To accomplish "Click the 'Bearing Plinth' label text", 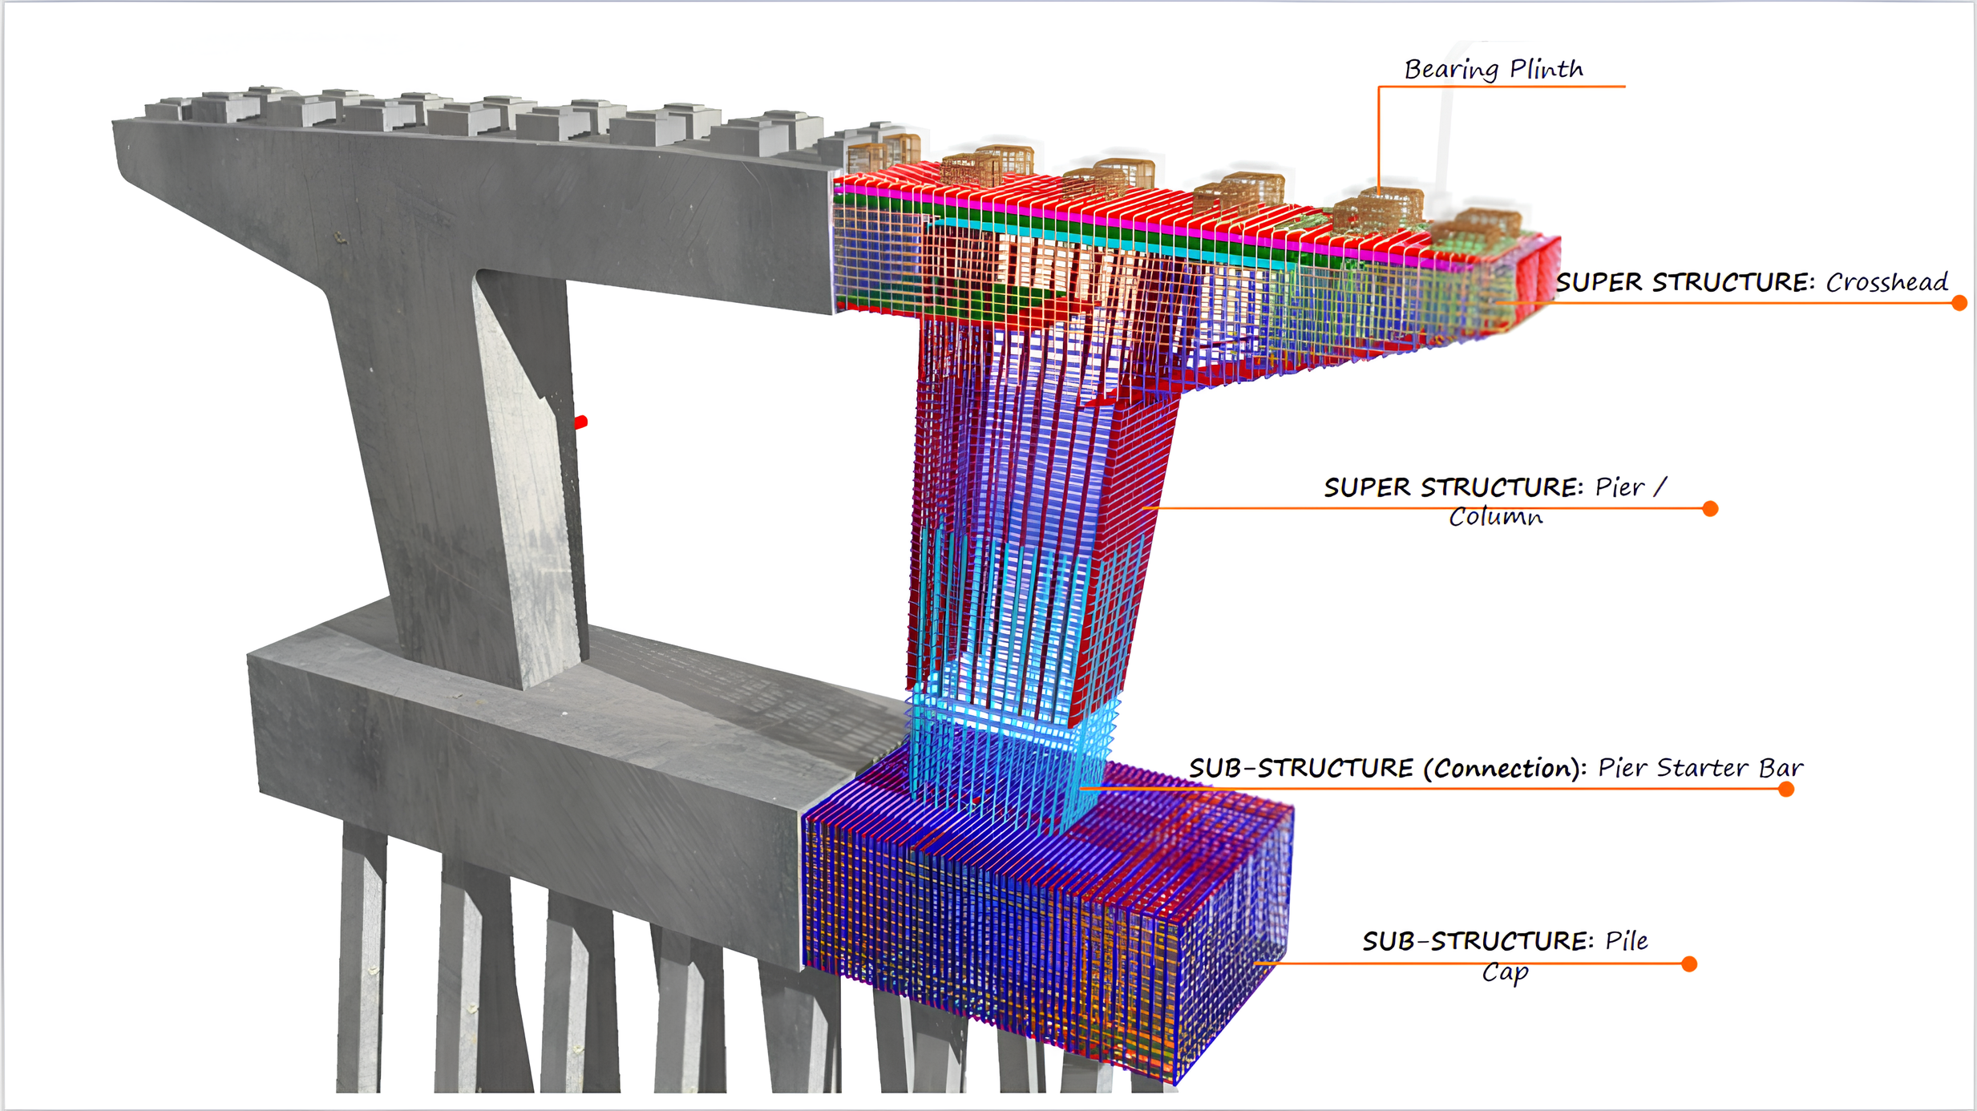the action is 1494,70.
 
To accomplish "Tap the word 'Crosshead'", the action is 1887,282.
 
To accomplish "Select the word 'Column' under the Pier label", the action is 1496,516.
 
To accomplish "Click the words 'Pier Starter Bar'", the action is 1700,768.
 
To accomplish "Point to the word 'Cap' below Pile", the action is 1505,972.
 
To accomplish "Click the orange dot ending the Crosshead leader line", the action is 1959,303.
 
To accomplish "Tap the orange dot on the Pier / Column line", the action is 1710,508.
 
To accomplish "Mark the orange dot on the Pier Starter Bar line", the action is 1786,790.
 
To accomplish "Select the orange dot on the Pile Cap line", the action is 1689,964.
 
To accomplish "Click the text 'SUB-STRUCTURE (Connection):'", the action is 1388,768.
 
